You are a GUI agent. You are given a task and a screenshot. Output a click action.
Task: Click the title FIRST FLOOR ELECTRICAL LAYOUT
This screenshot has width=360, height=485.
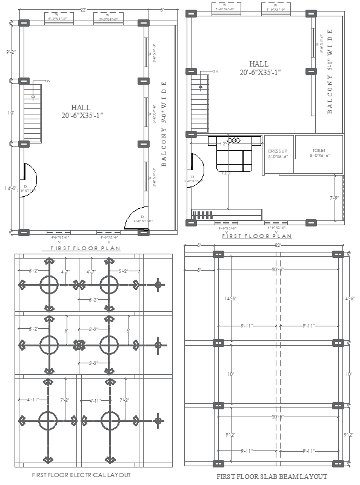(x=81, y=475)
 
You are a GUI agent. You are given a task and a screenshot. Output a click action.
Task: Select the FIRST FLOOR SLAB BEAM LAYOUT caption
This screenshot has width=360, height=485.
(x=272, y=477)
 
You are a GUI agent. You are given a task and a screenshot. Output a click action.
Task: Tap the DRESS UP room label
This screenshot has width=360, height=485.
(x=278, y=153)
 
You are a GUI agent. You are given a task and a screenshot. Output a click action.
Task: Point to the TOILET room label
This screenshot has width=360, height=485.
(x=319, y=152)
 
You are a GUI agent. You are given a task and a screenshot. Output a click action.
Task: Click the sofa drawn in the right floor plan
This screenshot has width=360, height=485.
(x=233, y=155)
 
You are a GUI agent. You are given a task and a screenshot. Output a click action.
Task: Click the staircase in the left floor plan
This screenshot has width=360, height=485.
(x=33, y=113)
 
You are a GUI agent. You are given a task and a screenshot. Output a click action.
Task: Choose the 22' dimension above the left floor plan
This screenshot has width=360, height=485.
(x=82, y=10)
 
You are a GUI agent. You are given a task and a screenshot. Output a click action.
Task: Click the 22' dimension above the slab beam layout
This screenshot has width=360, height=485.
(x=278, y=245)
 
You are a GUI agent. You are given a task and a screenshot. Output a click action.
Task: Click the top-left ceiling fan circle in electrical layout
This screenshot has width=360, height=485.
(x=48, y=284)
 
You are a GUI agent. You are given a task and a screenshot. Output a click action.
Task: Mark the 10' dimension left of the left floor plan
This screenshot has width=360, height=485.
(x=10, y=113)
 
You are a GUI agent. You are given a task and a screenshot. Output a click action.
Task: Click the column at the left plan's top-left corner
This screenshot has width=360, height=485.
(x=24, y=22)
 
